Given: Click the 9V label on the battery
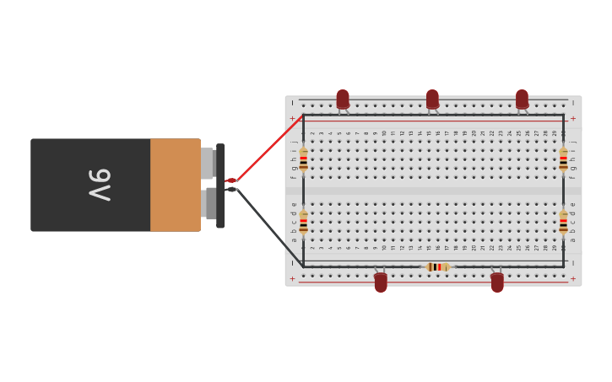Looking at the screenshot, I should pyautogui.click(x=100, y=185).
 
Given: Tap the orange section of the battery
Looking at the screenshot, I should pyautogui.click(x=175, y=185).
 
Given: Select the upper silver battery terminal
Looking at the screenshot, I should pyautogui.click(x=208, y=164).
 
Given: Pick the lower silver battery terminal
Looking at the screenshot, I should pyautogui.click(x=210, y=203).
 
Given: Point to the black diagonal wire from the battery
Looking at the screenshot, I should pyautogui.click(x=268, y=226).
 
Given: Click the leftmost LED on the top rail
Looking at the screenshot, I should pyautogui.click(x=343, y=100).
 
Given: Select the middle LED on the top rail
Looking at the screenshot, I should pyautogui.click(x=432, y=100).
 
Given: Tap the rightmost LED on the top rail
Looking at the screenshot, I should pyautogui.click(x=522, y=100).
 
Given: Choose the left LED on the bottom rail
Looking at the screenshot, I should pyautogui.click(x=381, y=282).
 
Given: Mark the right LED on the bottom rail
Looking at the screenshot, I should pyautogui.click(x=497, y=282).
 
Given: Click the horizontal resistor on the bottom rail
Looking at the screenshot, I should pyautogui.click(x=436, y=266).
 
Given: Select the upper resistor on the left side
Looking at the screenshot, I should pyautogui.click(x=303, y=159).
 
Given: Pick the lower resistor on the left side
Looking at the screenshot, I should pyautogui.click(x=303, y=222).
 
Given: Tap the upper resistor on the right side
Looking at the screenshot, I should pyautogui.click(x=563, y=159).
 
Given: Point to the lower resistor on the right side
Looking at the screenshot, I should pyautogui.click(x=563, y=222).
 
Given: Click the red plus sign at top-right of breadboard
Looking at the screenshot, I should pyautogui.click(x=573, y=119).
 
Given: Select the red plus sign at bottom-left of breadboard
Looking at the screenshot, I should pyautogui.click(x=293, y=279).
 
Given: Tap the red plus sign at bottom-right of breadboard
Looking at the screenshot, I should pyautogui.click(x=573, y=279).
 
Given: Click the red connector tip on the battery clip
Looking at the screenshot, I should pyautogui.click(x=231, y=180).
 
